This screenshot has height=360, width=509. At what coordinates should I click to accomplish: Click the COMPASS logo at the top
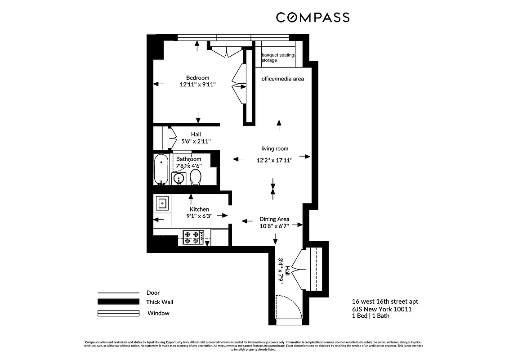coord(313,18)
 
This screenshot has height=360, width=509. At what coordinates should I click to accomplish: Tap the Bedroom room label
coord(198,77)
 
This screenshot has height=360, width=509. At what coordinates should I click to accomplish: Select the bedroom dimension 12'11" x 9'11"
coord(198,85)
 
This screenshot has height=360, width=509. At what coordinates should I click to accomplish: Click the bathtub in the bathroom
coord(161,170)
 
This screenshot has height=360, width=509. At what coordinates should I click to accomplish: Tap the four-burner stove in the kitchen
coord(193,237)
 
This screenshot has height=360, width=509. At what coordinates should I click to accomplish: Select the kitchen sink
coord(162,204)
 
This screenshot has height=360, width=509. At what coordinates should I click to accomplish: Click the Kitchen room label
coord(199,209)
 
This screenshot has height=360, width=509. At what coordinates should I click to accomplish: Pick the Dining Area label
coord(274,219)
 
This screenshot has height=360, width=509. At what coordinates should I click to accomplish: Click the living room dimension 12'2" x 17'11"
coord(275,160)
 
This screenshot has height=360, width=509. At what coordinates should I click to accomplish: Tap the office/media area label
coord(282,79)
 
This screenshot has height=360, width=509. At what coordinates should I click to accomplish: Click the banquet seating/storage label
coord(278,57)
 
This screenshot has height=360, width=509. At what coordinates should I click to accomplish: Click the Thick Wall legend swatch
coord(118,302)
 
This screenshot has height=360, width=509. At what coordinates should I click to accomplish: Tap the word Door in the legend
coord(153,292)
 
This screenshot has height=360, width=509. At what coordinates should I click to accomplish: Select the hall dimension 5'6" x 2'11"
coord(196,141)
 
